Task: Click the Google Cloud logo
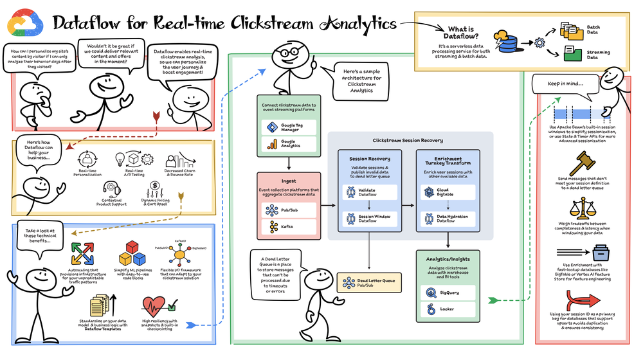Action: (x=23, y=22)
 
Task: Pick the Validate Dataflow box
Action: (x=368, y=192)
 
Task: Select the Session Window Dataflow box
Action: (x=368, y=219)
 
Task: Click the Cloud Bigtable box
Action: (x=447, y=192)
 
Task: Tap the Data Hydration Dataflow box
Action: (x=447, y=219)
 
